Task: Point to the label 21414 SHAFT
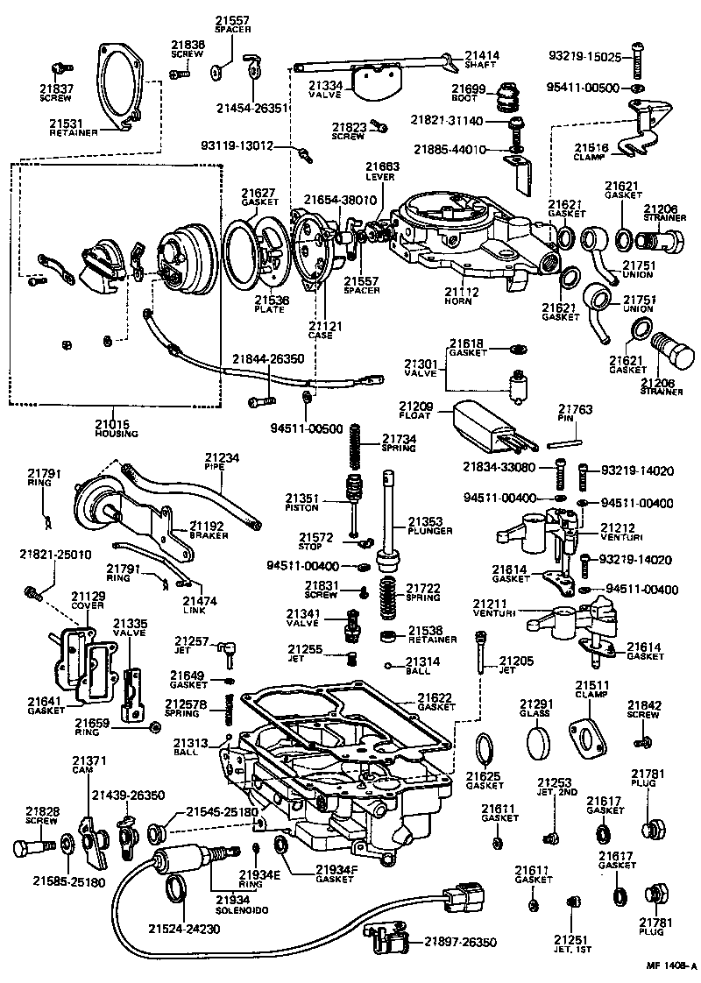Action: (x=481, y=60)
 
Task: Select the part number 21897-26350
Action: (x=460, y=942)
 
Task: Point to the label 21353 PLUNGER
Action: (x=430, y=526)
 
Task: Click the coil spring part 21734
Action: (x=356, y=446)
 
